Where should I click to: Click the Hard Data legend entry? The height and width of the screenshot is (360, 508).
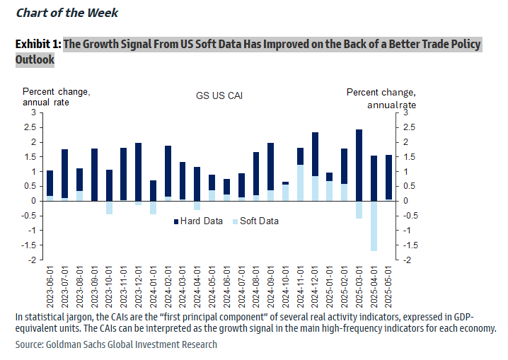(x=198, y=221)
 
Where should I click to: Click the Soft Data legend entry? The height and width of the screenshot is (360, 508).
(x=254, y=221)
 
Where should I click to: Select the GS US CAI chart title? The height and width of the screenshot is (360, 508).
(x=219, y=95)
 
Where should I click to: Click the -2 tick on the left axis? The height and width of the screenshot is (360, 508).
(x=32, y=260)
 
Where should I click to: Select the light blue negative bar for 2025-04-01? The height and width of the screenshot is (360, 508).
(x=374, y=226)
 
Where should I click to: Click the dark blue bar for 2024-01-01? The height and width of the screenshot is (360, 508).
(x=153, y=190)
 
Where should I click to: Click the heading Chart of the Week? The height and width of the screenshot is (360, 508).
(x=67, y=13)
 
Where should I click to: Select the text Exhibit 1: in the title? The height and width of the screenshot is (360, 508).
(x=38, y=45)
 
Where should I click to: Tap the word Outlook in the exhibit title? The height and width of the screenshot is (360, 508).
(x=35, y=59)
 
